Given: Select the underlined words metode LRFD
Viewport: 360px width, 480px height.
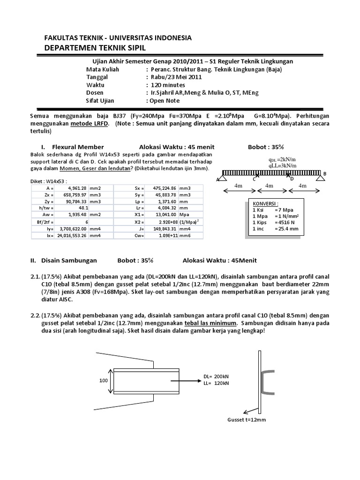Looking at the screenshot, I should (90, 124).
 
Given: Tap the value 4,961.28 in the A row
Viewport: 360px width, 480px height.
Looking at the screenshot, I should (77, 188).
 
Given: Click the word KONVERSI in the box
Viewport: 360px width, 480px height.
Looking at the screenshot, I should (265, 204).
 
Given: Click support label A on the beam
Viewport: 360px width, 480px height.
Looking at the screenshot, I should (217, 179).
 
